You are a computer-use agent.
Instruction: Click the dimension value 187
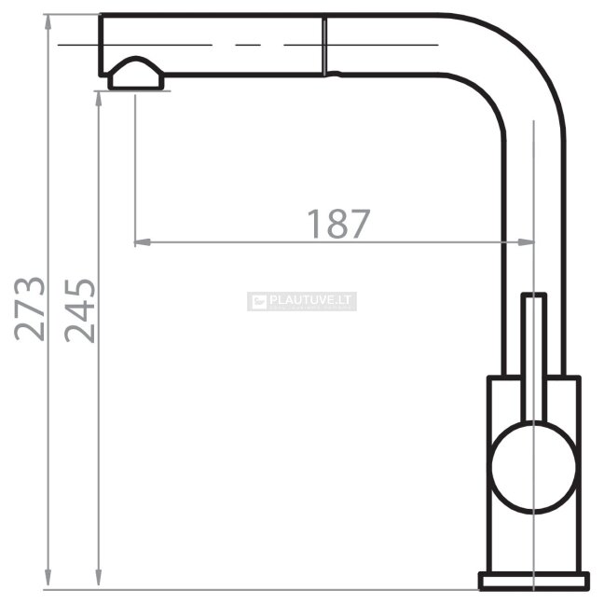click(x=338, y=224)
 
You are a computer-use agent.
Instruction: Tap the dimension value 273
click(x=30, y=309)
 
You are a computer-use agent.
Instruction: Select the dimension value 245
click(x=80, y=311)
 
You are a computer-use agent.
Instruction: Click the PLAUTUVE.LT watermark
click(x=302, y=301)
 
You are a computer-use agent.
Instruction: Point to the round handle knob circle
click(x=533, y=467)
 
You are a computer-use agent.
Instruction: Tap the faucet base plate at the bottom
click(x=533, y=581)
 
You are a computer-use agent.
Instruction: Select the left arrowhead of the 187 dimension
click(x=142, y=242)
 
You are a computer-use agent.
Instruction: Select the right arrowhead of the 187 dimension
click(x=526, y=242)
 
